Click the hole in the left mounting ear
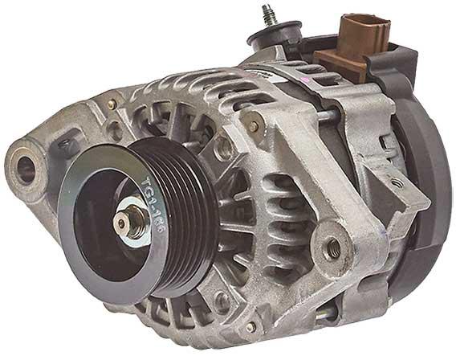point(25,170)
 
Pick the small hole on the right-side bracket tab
point(396,184)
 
